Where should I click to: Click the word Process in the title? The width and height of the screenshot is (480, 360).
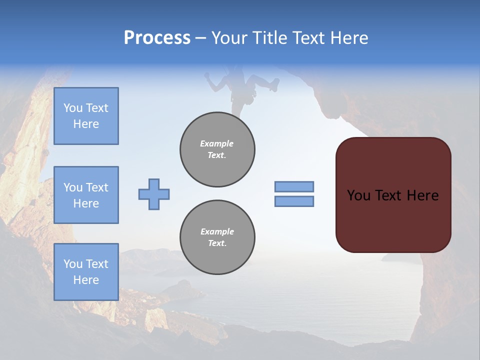[x=157, y=38]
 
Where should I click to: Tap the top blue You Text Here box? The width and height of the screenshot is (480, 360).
[x=86, y=116]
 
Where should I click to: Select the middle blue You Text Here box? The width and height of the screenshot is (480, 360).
[x=86, y=195]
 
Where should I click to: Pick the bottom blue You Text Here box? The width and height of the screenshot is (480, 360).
[x=86, y=272]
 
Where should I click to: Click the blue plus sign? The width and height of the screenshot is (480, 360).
[x=154, y=194]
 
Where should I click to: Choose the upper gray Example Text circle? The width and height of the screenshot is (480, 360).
[x=217, y=149]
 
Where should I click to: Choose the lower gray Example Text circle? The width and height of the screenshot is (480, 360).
[x=217, y=237]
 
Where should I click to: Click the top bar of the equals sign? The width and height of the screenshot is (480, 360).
[x=294, y=186]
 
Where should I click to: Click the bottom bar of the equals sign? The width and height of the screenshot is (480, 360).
[x=294, y=201]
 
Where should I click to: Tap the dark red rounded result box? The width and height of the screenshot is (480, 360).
[x=393, y=195]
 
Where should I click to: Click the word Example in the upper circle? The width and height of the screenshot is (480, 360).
[x=217, y=143]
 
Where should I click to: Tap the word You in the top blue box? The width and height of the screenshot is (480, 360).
[x=72, y=108]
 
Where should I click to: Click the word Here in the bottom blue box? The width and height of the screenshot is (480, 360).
[x=86, y=280]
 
